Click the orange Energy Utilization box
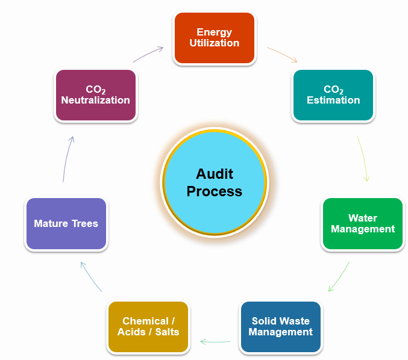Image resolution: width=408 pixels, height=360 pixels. pyautogui.click(x=214, y=38)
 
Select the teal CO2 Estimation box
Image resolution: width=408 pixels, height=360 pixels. pyautogui.click(x=333, y=95)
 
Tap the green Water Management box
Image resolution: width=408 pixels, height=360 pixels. pyautogui.click(x=363, y=223)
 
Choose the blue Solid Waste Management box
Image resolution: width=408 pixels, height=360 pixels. pyautogui.click(x=281, y=327)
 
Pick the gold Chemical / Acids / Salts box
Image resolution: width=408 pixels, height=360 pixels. pyautogui.click(x=148, y=327)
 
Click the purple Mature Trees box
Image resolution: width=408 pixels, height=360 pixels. pyautogui.click(x=66, y=223)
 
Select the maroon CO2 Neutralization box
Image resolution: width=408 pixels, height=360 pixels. pyautogui.click(x=95, y=95)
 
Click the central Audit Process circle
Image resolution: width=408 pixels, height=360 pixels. pyautogui.click(x=215, y=182)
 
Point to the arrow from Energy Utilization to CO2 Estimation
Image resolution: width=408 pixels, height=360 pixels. pyautogui.click(x=283, y=54)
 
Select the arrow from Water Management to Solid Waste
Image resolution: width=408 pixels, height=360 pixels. pyautogui.click(x=340, y=277)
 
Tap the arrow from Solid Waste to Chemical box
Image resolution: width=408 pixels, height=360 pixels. pyautogui.click(x=215, y=342)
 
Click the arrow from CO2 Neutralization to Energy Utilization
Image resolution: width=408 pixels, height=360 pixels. pyautogui.click(x=148, y=54)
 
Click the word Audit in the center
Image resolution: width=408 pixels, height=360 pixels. pyautogui.click(x=215, y=174)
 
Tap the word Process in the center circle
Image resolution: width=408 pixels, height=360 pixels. pyautogui.click(x=215, y=191)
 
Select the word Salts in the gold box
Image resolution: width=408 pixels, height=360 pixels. pyautogui.click(x=165, y=332)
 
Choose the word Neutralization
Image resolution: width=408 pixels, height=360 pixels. pyautogui.click(x=95, y=101)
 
